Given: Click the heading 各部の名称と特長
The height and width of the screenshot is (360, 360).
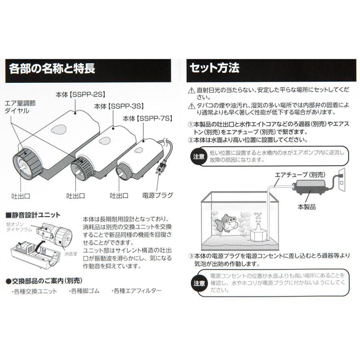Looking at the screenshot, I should [x=52, y=68].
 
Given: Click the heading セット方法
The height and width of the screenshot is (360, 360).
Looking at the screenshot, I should [x=215, y=68].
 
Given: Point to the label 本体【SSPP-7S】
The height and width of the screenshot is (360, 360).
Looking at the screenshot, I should [x=148, y=118].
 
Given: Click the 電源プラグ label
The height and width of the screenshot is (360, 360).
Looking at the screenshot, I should [x=158, y=196].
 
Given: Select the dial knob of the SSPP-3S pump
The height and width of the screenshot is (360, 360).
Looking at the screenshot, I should [x=83, y=170].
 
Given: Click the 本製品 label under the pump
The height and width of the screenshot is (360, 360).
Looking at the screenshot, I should [x=307, y=206].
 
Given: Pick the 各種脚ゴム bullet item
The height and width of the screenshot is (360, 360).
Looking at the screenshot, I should [x=84, y=291].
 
